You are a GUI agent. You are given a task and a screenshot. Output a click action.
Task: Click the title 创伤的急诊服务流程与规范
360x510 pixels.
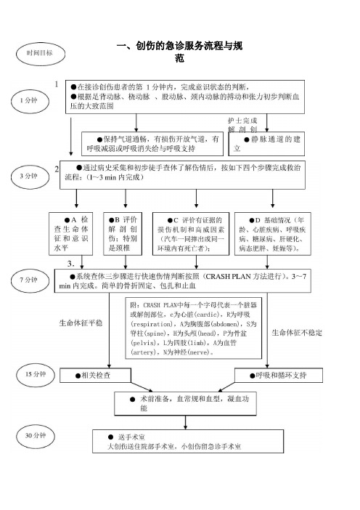pos(180,52)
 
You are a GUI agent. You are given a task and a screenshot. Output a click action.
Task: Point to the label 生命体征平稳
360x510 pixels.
pos(81,323)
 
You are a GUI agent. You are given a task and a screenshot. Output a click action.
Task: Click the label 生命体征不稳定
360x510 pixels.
pos(297,333)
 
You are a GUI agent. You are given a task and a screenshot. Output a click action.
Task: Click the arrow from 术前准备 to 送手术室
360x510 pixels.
pos(185,423)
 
